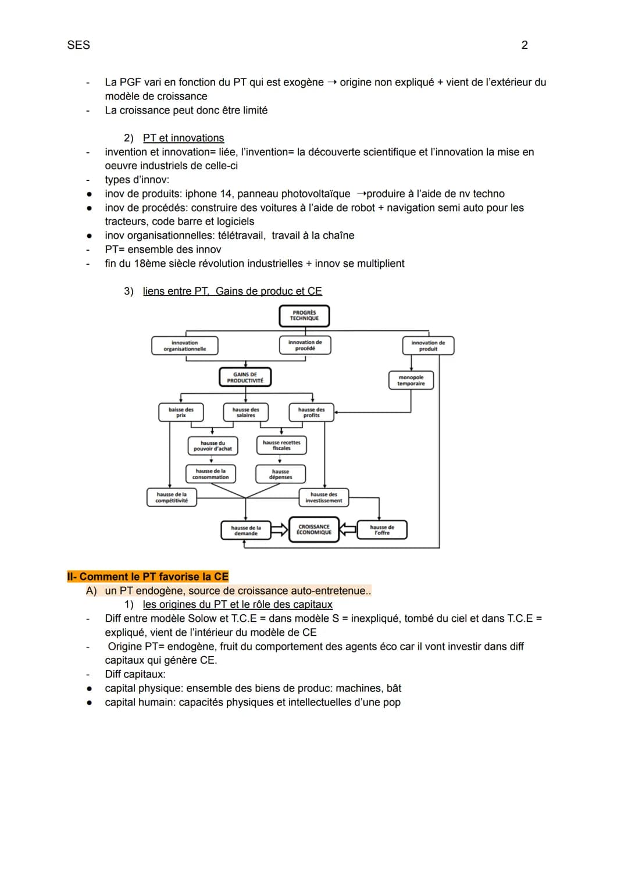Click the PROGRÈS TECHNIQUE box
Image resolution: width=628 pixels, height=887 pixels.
pyautogui.click(x=304, y=316)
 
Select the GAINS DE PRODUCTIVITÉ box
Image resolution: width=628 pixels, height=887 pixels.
pyautogui.click(x=245, y=377)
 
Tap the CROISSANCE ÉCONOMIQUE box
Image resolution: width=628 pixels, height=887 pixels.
pyautogui.click(x=313, y=530)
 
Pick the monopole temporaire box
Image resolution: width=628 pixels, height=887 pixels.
pyautogui.click(x=411, y=380)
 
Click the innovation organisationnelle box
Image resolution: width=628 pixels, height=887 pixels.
pyautogui.click(x=184, y=345)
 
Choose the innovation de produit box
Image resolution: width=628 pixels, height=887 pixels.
pyautogui.click(x=428, y=345)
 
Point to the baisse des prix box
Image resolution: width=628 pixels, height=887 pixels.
pyautogui.click(x=181, y=412)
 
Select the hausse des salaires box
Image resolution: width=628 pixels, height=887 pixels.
pyautogui.click(x=245, y=412)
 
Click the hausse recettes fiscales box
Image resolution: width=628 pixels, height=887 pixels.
pyautogui.click(x=281, y=446)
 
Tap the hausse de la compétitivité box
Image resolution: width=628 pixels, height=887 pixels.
pyautogui.click(x=172, y=497)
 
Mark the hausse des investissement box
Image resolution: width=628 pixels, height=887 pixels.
pyautogui.click(x=323, y=497)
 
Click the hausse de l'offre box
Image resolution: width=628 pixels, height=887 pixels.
pyautogui.click(x=381, y=530)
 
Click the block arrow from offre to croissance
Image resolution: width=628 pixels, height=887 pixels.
pyautogui.click(x=348, y=529)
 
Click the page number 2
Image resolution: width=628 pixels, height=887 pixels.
pyautogui.click(x=524, y=45)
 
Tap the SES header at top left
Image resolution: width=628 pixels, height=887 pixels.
pyautogui.click(x=78, y=45)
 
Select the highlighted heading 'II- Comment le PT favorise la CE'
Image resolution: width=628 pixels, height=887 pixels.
pyautogui.click(x=148, y=576)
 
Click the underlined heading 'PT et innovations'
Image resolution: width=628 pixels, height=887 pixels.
pyautogui.click(x=183, y=138)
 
